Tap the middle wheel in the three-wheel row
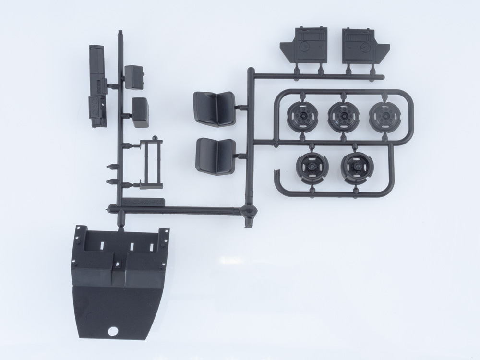pyautogui.click(x=342, y=117)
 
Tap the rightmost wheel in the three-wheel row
pyautogui.click(x=384, y=116)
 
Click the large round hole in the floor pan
pyautogui.click(x=114, y=331)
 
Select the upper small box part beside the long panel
pyautogui.click(x=134, y=77)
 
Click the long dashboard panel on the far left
pyautogui.click(x=98, y=86)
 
